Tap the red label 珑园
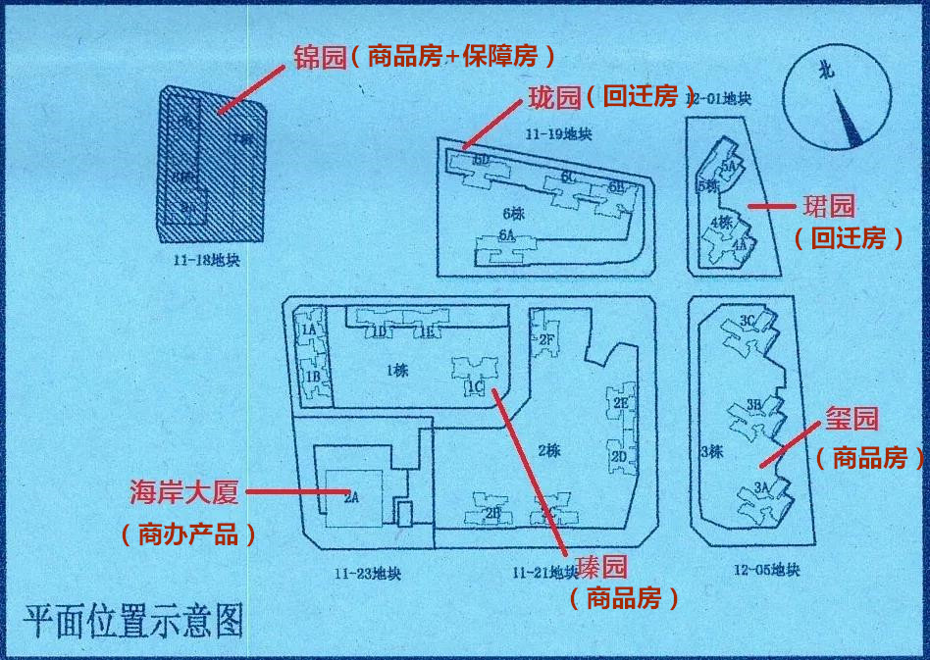pyautogui.click(x=554, y=97)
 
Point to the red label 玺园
pyautogui.click(x=851, y=420)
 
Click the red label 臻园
pyautogui.click(x=600, y=566)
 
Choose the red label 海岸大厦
pyautogui.click(x=184, y=492)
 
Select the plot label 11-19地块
pyautogui.click(x=558, y=133)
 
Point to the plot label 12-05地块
pyautogui.click(x=766, y=570)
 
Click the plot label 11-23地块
pyautogui.click(x=367, y=573)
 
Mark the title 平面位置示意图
pyautogui.click(x=133, y=622)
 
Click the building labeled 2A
pyautogui.click(x=350, y=497)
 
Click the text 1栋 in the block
pyautogui.click(x=397, y=370)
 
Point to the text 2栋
pyautogui.click(x=548, y=451)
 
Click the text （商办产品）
pyautogui.click(x=188, y=534)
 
